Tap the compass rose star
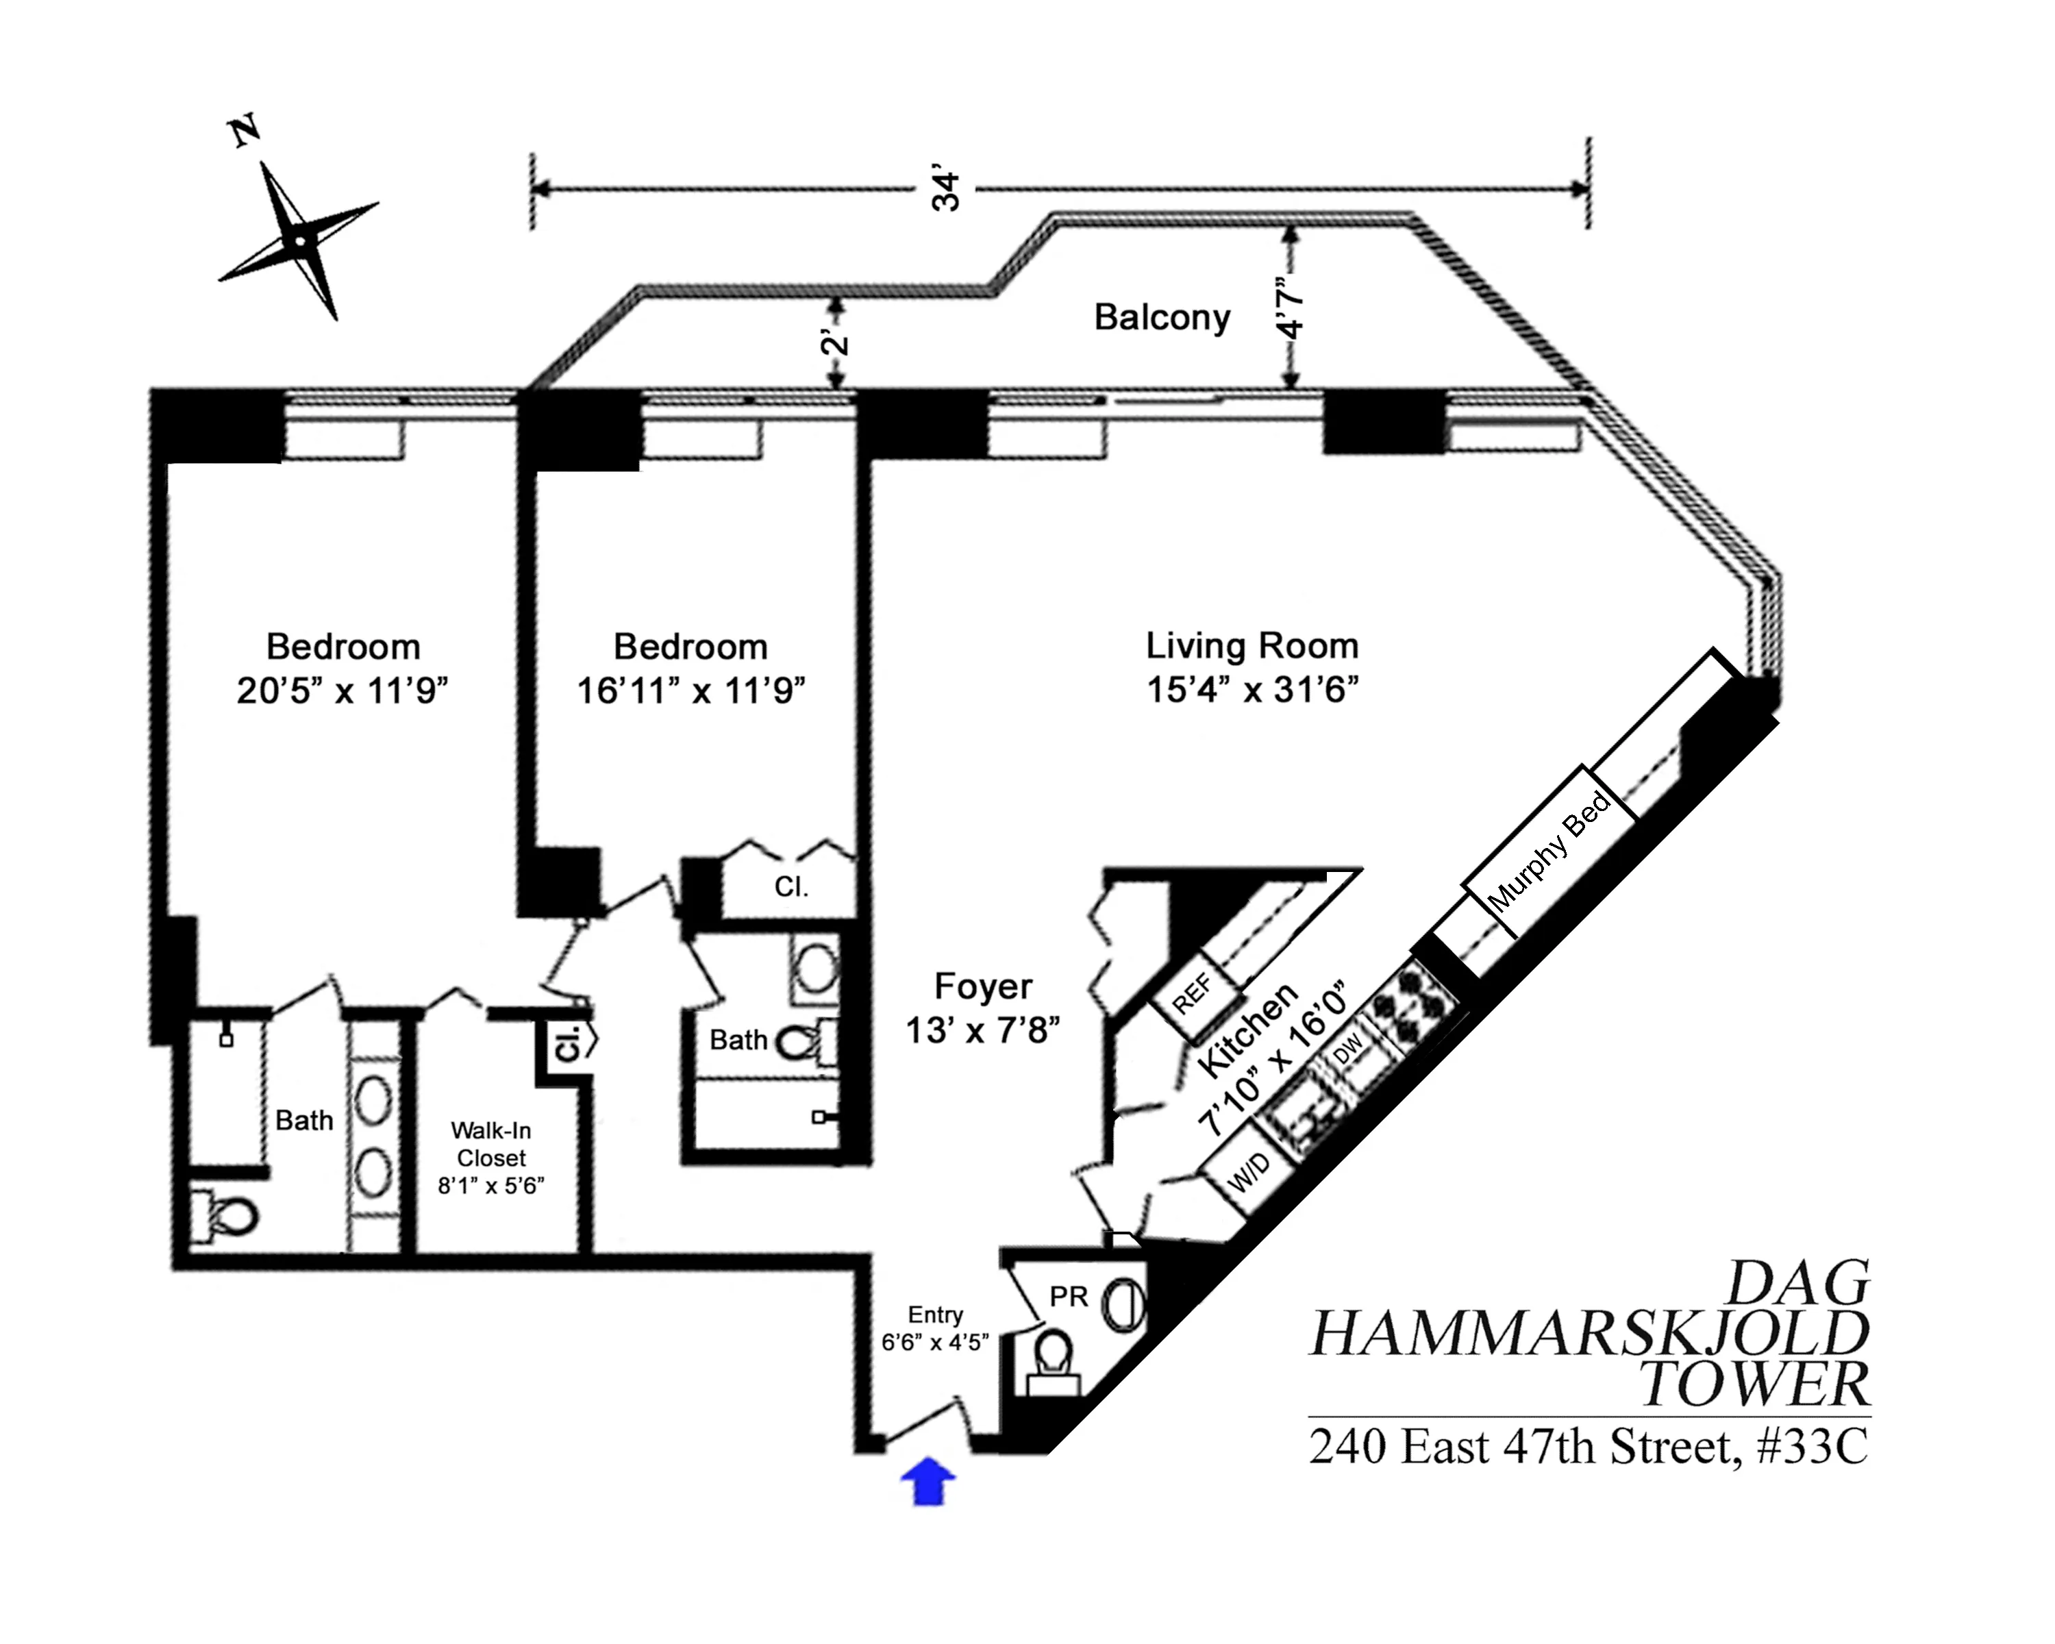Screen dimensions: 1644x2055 299,240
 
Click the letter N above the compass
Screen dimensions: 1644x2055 246,131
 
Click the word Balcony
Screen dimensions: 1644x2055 1161,317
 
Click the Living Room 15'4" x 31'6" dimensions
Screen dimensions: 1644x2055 1251,689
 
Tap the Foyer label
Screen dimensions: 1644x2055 983,986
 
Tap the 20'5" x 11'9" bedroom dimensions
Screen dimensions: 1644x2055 342,690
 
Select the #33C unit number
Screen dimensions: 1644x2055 1812,1447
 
